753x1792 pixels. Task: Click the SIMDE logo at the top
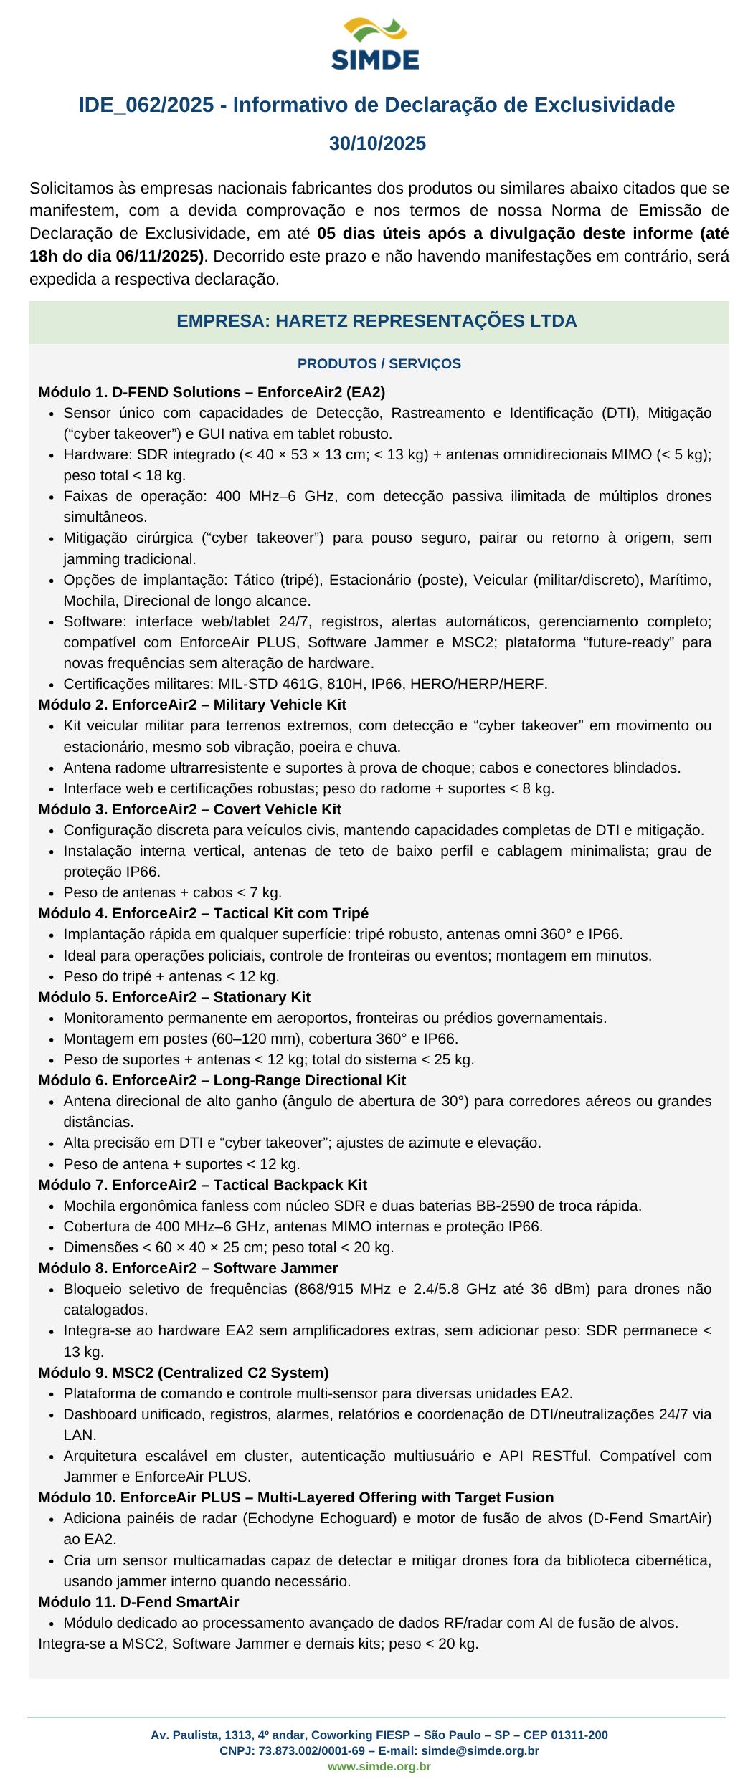(x=375, y=44)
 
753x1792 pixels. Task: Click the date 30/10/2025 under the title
(x=377, y=143)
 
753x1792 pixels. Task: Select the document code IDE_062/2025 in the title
(x=146, y=105)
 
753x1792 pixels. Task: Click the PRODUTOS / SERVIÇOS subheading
(x=379, y=363)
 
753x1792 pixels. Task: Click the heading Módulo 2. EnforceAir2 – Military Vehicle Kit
(x=192, y=705)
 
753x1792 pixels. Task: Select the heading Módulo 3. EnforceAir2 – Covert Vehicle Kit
(x=189, y=809)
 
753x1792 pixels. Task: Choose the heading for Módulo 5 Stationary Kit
(x=174, y=997)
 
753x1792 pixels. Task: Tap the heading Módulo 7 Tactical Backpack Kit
(x=202, y=1185)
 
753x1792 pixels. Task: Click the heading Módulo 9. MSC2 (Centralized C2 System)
(x=184, y=1373)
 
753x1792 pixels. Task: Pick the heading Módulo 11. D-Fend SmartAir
(x=138, y=1602)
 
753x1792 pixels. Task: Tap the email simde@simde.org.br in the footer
(x=480, y=1750)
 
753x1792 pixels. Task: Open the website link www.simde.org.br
(x=379, y=1766)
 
